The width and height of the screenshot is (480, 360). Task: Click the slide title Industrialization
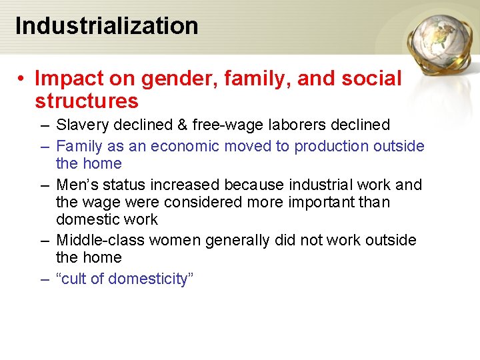coord(107,26)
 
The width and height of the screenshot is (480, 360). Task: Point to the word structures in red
coord(87,101)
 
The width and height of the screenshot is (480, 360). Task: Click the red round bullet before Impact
coord(22,79)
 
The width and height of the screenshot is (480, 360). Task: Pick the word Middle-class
coord(97,239)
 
